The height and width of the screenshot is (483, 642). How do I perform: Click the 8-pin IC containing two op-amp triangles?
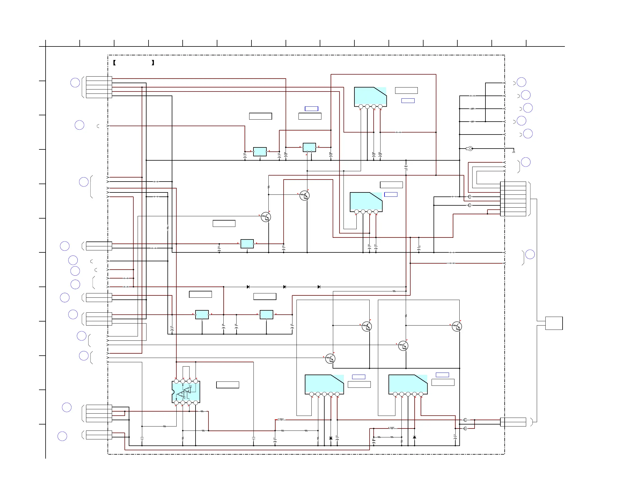(x=186, y=392)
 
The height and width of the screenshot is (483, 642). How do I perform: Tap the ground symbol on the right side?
(x=514, y=151)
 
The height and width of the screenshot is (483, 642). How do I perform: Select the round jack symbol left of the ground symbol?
(x=470, y=149)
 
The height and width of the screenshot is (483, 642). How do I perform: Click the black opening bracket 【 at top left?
(x=114, y=63)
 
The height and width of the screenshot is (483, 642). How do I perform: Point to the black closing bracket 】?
(x=153, y=63)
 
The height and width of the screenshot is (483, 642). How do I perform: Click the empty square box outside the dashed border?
(x=554, y=323)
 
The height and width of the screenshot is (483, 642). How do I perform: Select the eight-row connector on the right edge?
(x=513, y=199)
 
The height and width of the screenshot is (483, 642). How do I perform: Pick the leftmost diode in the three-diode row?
(x=248, y=287)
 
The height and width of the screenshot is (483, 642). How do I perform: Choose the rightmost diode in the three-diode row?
(x=319, y=287)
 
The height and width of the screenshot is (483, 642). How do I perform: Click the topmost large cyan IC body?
(x=370, y=96)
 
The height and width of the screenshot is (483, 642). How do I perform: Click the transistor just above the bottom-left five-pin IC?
(x=330, y=359)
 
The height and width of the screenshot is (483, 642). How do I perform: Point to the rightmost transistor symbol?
(x=457, y=327)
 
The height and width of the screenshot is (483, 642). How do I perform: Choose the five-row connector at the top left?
(x=99, y=87)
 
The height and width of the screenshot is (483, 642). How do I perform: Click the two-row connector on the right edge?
(x=513, y=422)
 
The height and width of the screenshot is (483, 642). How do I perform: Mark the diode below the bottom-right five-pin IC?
(x=414, y=437)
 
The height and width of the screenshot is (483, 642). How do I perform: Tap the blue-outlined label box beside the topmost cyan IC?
(x=408, y=101)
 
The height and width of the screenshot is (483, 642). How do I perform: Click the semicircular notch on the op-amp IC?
(x=173, y=392)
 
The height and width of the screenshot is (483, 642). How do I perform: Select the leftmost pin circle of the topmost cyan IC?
(x=361, y=107)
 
